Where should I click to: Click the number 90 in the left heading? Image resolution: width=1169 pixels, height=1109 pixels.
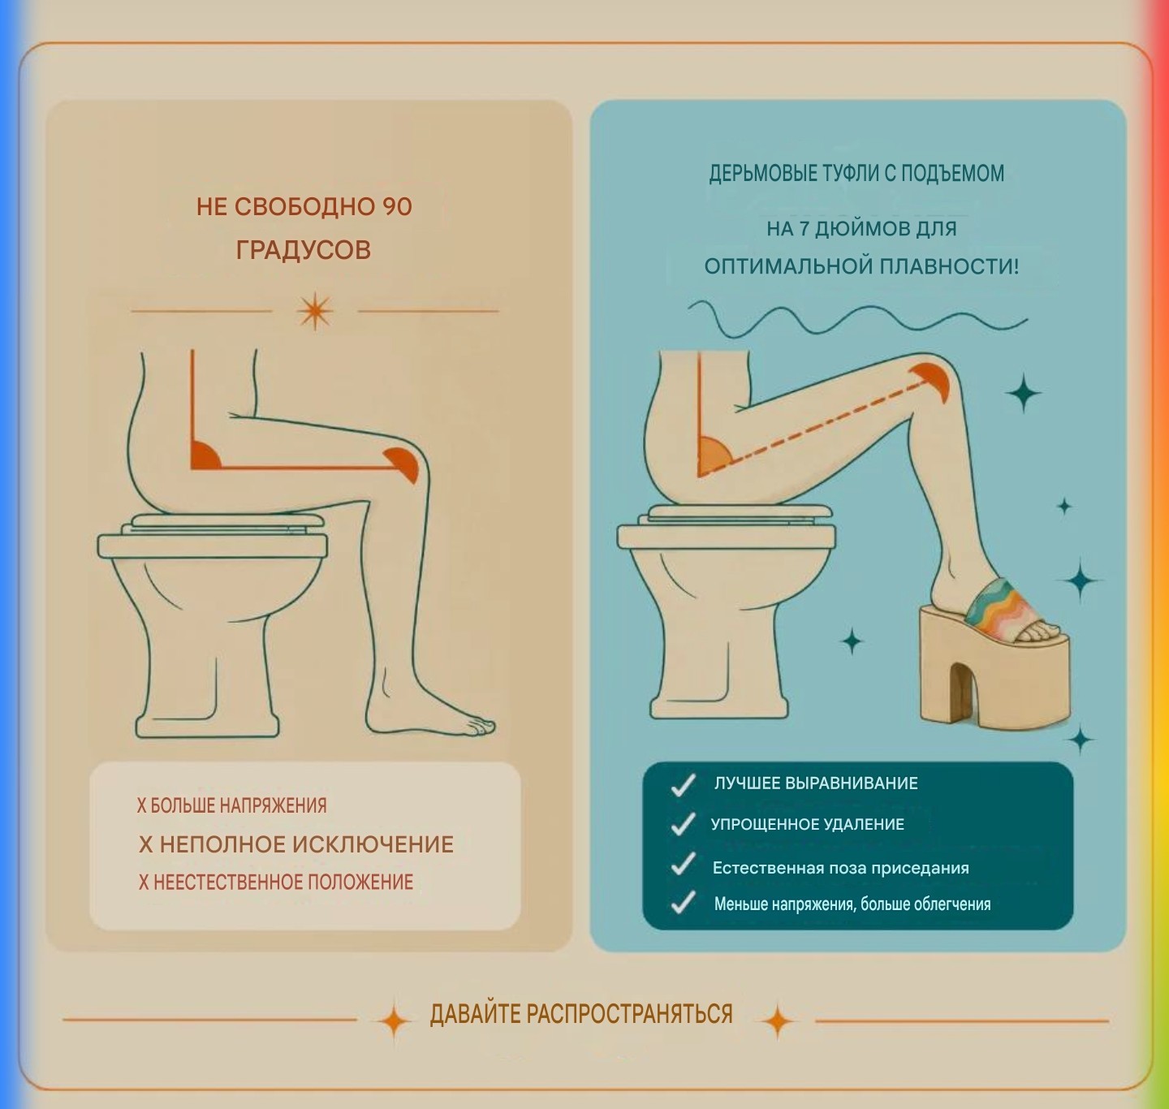(397, 207)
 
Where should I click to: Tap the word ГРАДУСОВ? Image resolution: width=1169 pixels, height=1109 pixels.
(304, 250)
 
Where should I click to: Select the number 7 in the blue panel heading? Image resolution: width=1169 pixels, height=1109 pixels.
(804, 228)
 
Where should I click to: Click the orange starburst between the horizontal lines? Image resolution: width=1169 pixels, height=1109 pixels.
(314, 311)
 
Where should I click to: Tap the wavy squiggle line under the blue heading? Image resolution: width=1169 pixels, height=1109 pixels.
(857, 321)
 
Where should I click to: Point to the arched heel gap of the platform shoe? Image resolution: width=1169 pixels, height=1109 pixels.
(964, 690)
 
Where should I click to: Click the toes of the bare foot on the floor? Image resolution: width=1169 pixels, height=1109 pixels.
(479, 726)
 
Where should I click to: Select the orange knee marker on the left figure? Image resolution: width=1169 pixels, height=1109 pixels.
(403, 464)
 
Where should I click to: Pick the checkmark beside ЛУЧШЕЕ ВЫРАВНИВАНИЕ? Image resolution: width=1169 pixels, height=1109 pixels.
(684, 785)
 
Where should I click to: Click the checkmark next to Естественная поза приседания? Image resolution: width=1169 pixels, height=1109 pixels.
(684, 865)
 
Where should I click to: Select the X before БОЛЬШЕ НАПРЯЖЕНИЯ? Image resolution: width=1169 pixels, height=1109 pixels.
(141, 805)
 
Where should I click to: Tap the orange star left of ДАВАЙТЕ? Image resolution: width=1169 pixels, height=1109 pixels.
(394, 1021)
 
